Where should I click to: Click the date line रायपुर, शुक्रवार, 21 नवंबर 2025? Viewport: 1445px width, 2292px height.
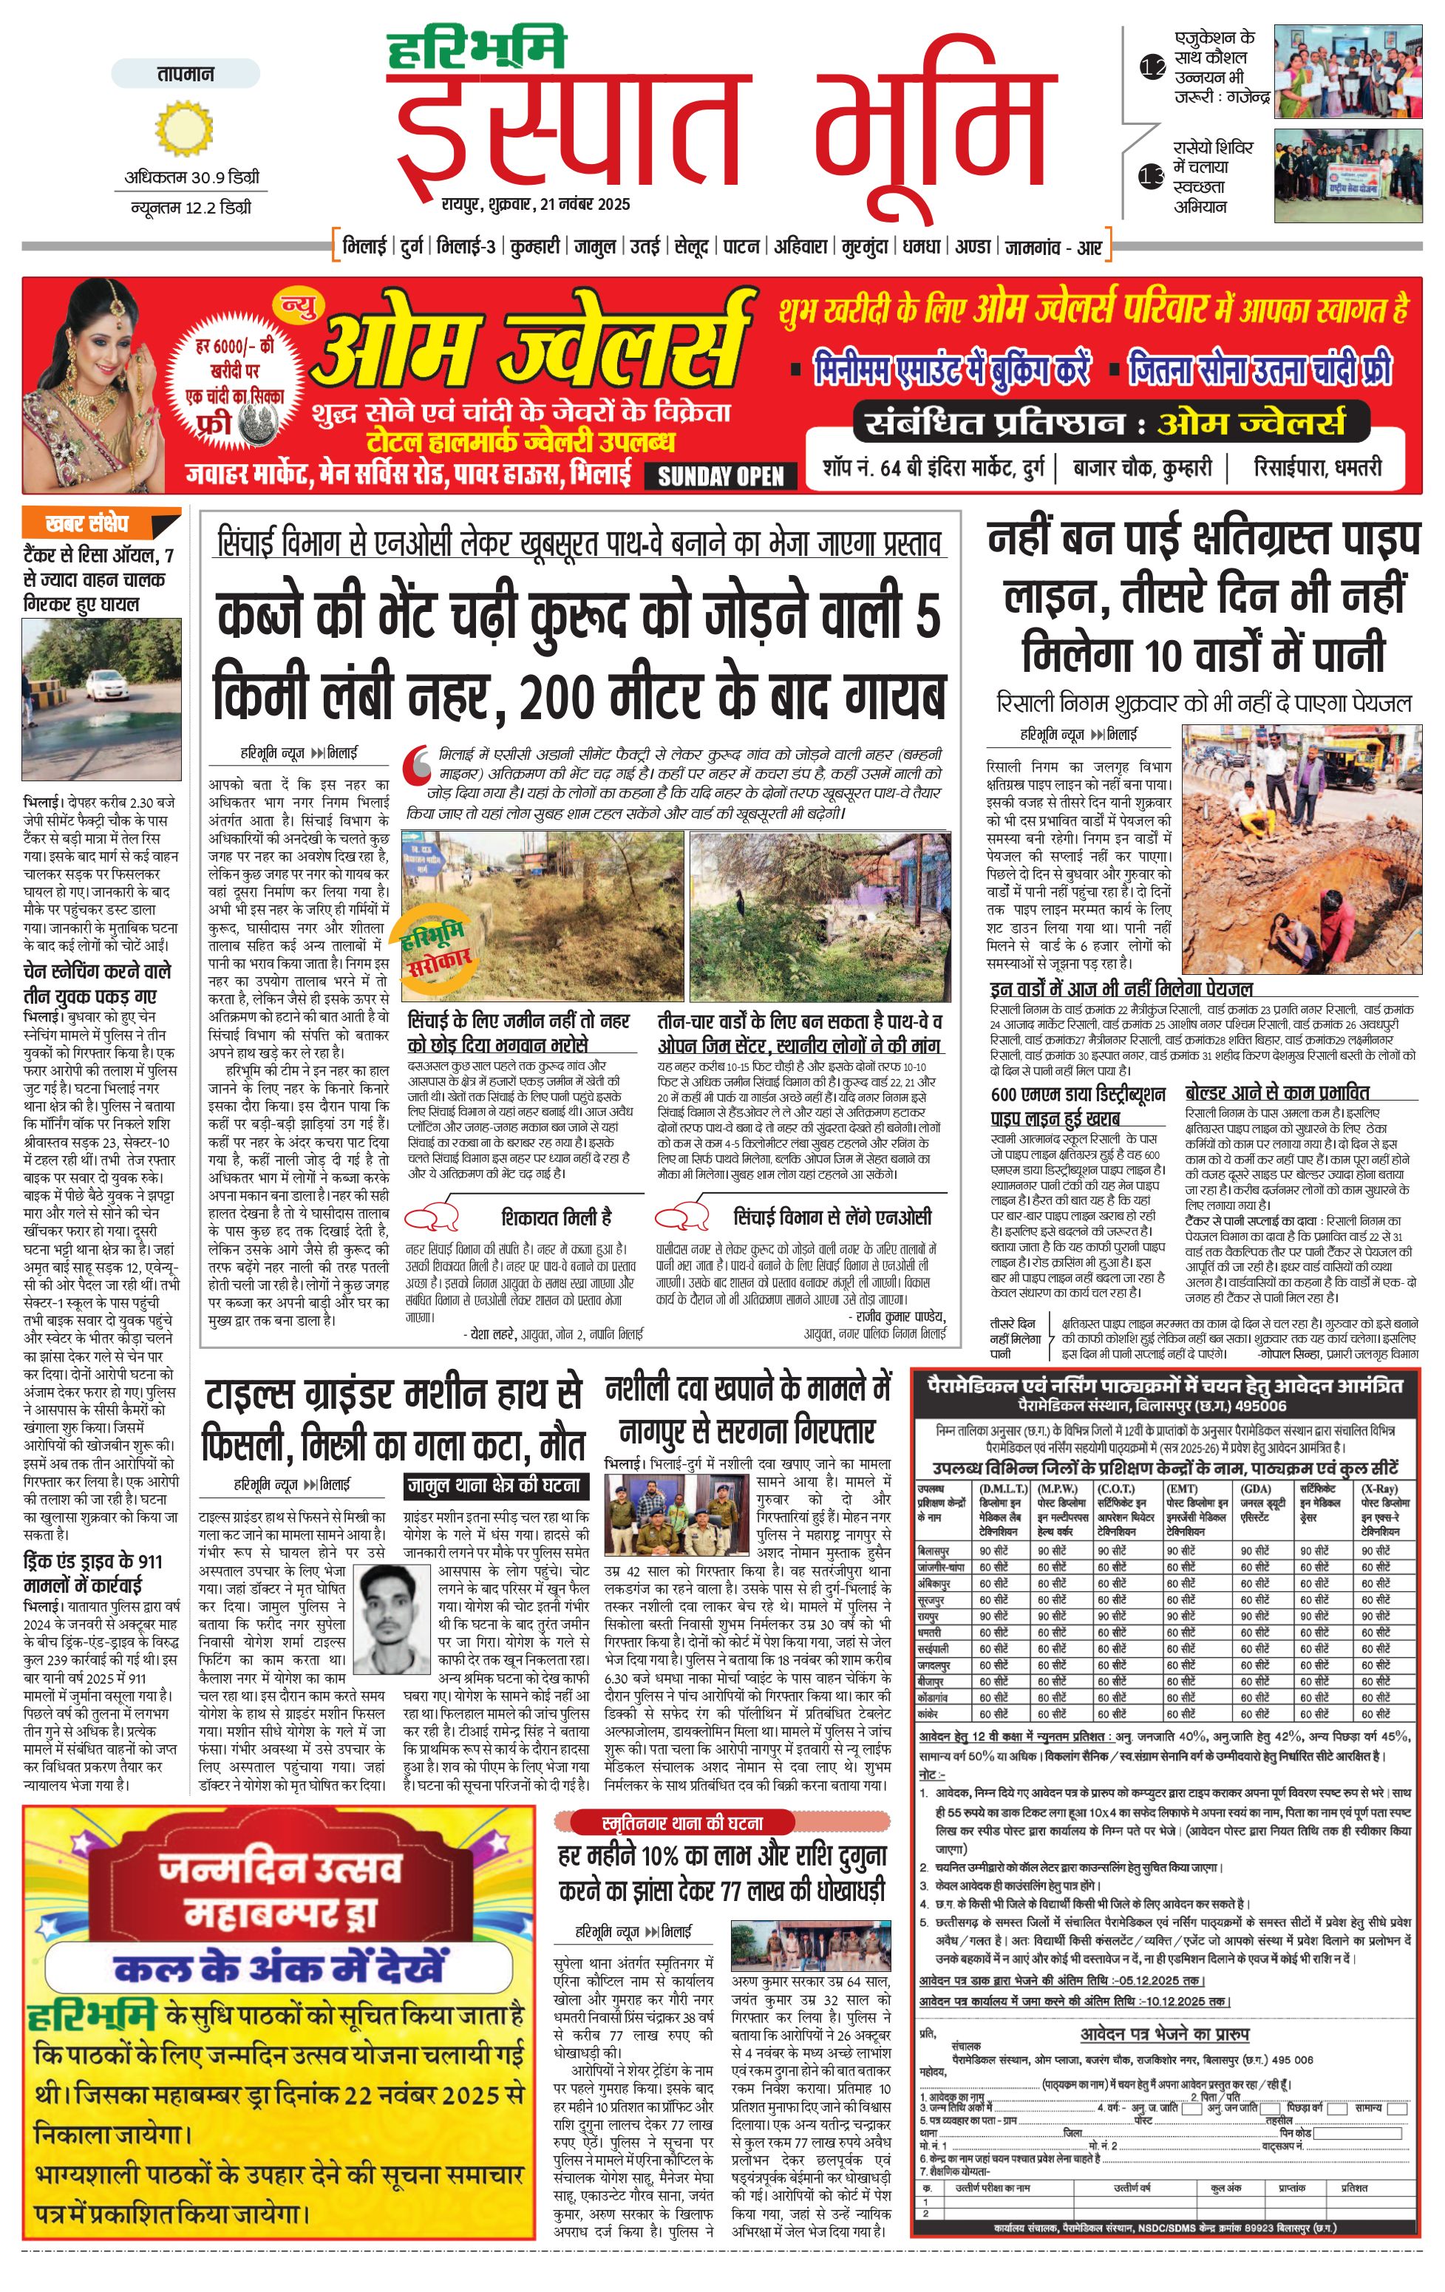(x=535, y=204)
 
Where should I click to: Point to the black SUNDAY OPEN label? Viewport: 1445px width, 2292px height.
(x=721, y=476)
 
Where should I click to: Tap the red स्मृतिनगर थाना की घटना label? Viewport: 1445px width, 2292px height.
(x=682, y=1823)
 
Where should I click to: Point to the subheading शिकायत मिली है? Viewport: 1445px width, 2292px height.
(x=556, y=1217)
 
